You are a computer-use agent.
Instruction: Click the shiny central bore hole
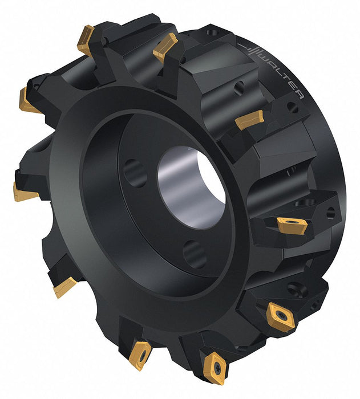point(191,188)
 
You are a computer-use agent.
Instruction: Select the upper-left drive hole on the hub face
point(135,173)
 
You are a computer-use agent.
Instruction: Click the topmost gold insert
point(86,40)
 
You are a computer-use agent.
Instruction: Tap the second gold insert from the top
point(165,47)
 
